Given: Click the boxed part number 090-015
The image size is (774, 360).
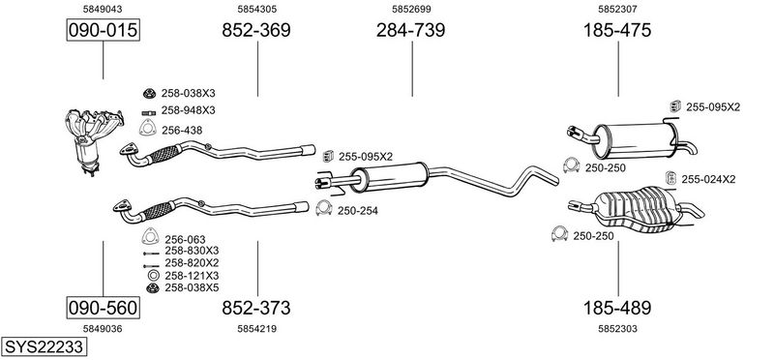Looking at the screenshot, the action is tap(104, 30).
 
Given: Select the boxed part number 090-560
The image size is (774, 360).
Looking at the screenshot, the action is tap(104, 308).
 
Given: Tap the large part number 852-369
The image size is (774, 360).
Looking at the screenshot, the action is tap(256, 30).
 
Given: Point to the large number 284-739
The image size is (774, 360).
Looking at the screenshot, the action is tap(410, 30).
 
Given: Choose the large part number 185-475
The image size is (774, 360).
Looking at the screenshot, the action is tap(617, 30).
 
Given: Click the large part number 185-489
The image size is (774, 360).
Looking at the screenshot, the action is tap(617, 308).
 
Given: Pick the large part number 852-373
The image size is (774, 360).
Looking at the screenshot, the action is tap(256, 308).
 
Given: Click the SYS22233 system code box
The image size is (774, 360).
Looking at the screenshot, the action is tap(44, 346).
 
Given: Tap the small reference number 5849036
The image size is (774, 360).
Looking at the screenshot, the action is tap(103, 329).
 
